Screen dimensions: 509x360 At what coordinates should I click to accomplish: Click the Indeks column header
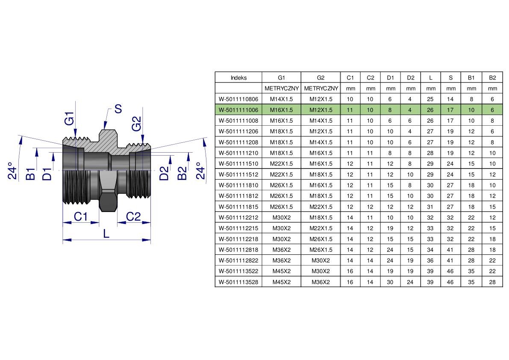[238, 77]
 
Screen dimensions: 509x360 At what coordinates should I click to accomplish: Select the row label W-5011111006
[238, 110]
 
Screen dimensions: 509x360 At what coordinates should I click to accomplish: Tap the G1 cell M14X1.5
[282, 99]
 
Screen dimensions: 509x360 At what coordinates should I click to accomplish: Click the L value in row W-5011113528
[430, 282]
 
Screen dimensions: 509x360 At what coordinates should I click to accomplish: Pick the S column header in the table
[450, 77]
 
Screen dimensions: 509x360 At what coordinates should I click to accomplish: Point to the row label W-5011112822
[238, 260]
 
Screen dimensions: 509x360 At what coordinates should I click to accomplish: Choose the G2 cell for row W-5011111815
[321, 207]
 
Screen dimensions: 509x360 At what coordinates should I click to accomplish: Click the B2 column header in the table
[492, 77]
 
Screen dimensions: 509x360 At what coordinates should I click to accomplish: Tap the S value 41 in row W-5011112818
[450, 250]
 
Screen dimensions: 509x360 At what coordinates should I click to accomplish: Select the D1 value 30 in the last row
[390, 282]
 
